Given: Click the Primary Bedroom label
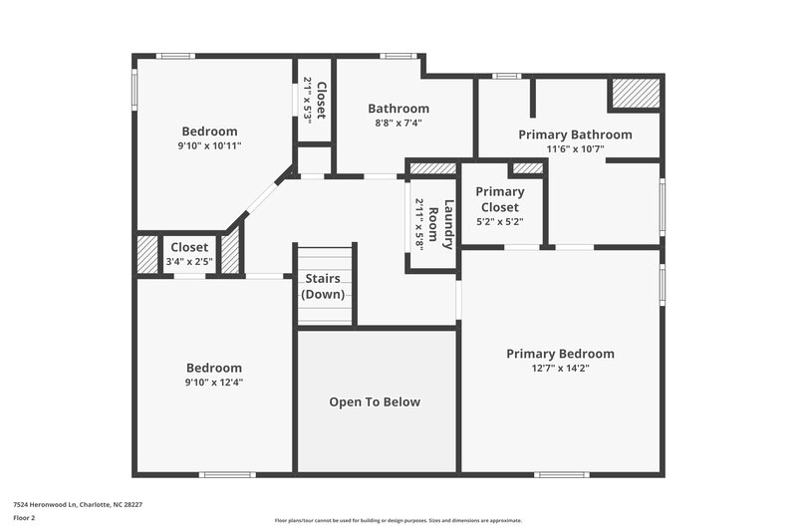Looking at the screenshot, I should coord(560,354).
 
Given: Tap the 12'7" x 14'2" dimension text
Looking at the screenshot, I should coord(560,369).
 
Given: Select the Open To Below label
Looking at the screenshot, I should coord(375,402).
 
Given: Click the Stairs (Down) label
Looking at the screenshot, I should coord(324,287).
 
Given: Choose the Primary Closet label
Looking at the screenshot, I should coord(500,199).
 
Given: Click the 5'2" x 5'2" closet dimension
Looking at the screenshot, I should coord(500,222).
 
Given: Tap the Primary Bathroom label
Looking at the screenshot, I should coord(575,134).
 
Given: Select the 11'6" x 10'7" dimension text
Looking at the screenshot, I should coord(575,149).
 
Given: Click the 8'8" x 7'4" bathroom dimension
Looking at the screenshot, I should coord(398,124).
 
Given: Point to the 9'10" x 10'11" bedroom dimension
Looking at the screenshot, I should coord(209,145).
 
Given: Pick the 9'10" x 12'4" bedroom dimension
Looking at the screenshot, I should coord(213,382).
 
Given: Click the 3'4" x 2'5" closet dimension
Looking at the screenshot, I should coord(189,261).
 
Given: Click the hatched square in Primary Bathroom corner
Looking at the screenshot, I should coord(635,94).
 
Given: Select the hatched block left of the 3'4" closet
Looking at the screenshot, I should coord(147,253).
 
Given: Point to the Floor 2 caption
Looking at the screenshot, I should coord(24,518).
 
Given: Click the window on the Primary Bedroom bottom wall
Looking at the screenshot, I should coord(561,474).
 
